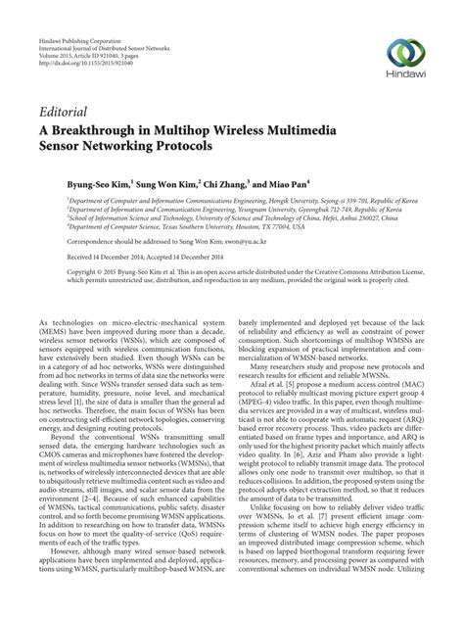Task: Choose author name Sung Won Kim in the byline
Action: tap(167, 182)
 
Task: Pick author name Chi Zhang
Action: tap(232, 182)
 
